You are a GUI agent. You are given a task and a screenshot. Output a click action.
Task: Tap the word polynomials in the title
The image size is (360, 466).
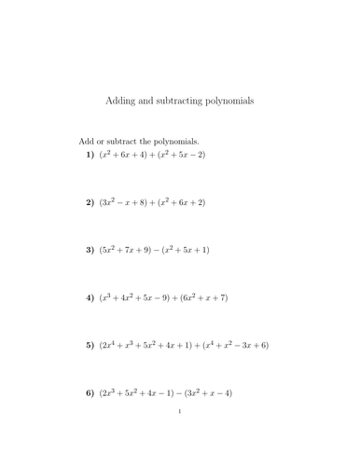(230, 99)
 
